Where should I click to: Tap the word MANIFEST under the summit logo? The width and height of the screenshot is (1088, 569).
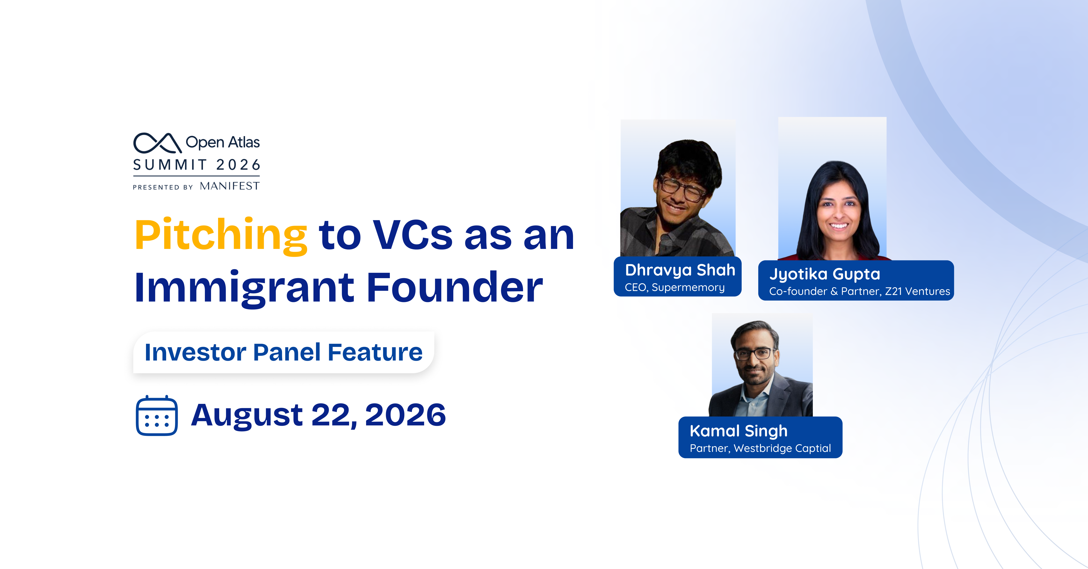(230, 186)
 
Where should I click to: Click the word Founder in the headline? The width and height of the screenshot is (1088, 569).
(454, 287)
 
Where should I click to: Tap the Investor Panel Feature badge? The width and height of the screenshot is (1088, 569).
(283, 352)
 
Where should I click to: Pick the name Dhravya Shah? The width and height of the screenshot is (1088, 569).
(680, 270)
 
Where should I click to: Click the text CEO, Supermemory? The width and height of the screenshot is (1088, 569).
(675, 287)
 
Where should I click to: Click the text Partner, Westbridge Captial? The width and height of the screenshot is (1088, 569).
(760, 448)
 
